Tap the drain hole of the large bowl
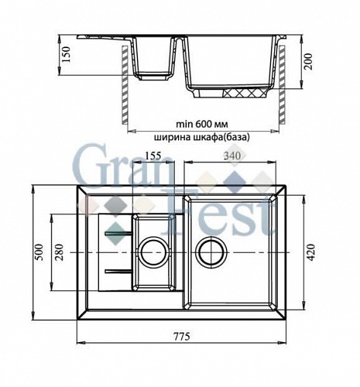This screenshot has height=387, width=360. coord(211,252)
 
